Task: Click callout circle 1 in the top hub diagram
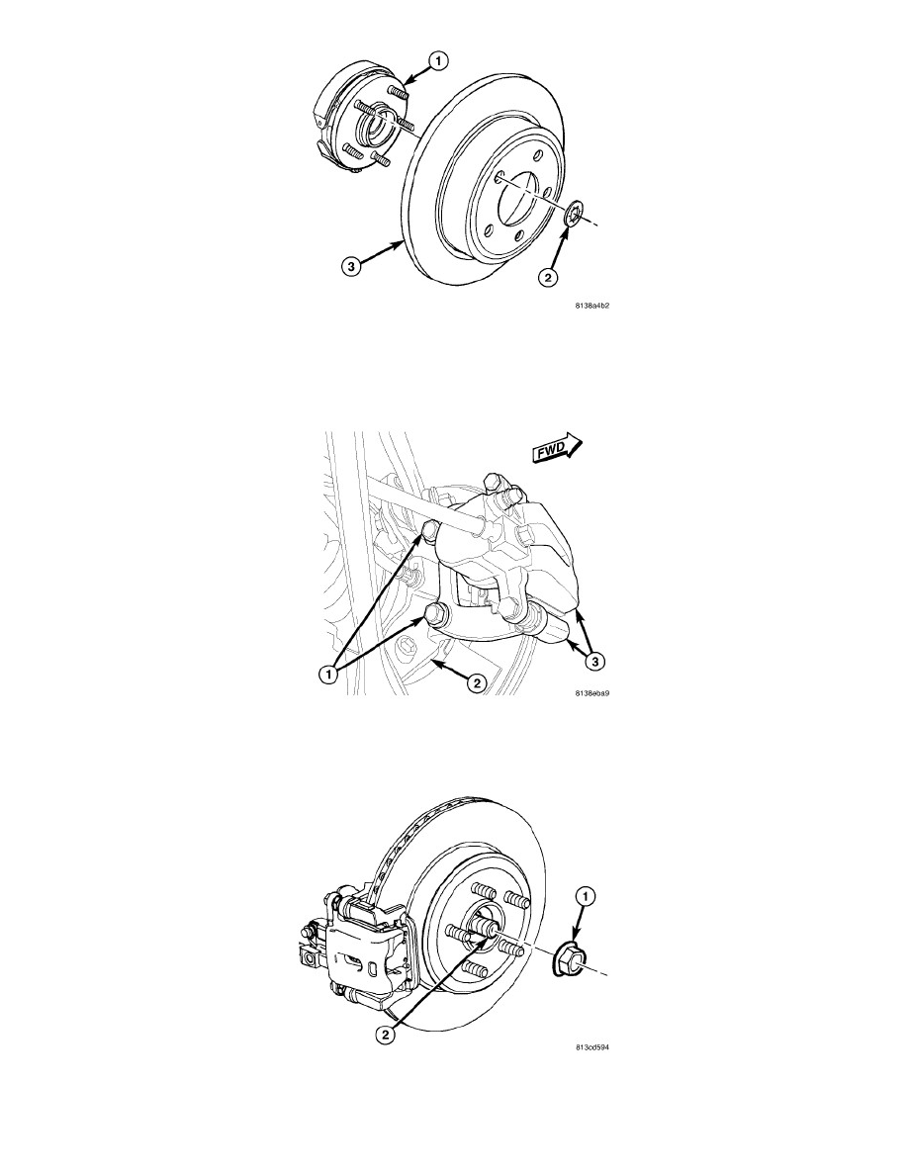pyautogui.click(x=437, y=59)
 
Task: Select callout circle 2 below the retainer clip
pyautogui.click(x=548, y=277)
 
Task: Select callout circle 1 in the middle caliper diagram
pyautogui.click(x=326, y=675)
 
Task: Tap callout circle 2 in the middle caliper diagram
pyautogui.click(x=475, y=682)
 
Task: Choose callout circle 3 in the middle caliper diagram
pyautogui.click(x=594, y=662)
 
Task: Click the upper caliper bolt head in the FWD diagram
pyautogui.click(x=429, y=531)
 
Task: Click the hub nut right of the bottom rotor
pyautogui.click(x=570, y=961)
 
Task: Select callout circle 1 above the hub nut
pyautogui.click(x=587, y=896)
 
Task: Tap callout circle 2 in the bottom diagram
pyautogui.click(x=385, y=1035)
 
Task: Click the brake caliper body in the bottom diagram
pyautogui.click(x=363, y=951)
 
